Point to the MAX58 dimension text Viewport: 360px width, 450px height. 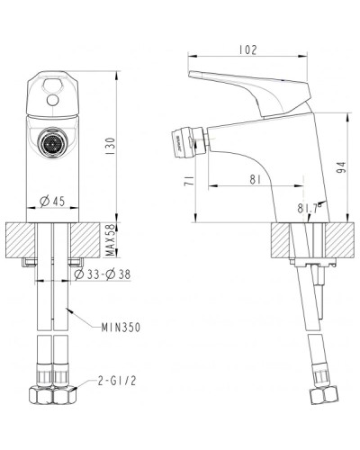(x=108, y=238)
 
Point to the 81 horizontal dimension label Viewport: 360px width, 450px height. (x=256, y=179)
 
